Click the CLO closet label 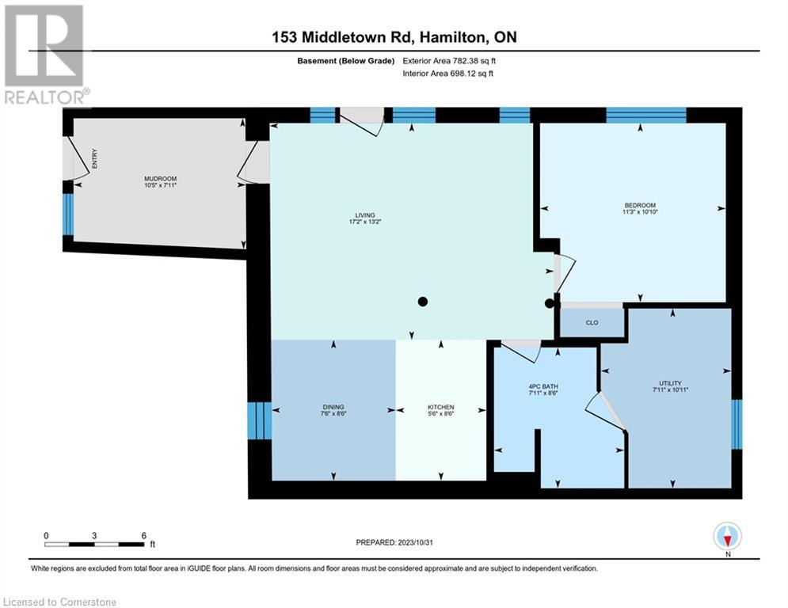[x=592, y=323]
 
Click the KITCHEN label [x=441, y=407]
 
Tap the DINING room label [x=333, y=407]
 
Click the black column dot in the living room [x=424, y=301]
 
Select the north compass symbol [x=726, y=537]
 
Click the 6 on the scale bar [x=143, y=536]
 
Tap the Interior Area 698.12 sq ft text [x=449, y=74]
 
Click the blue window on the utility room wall [x=737, y=424]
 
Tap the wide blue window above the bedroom [x=646, y=115]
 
